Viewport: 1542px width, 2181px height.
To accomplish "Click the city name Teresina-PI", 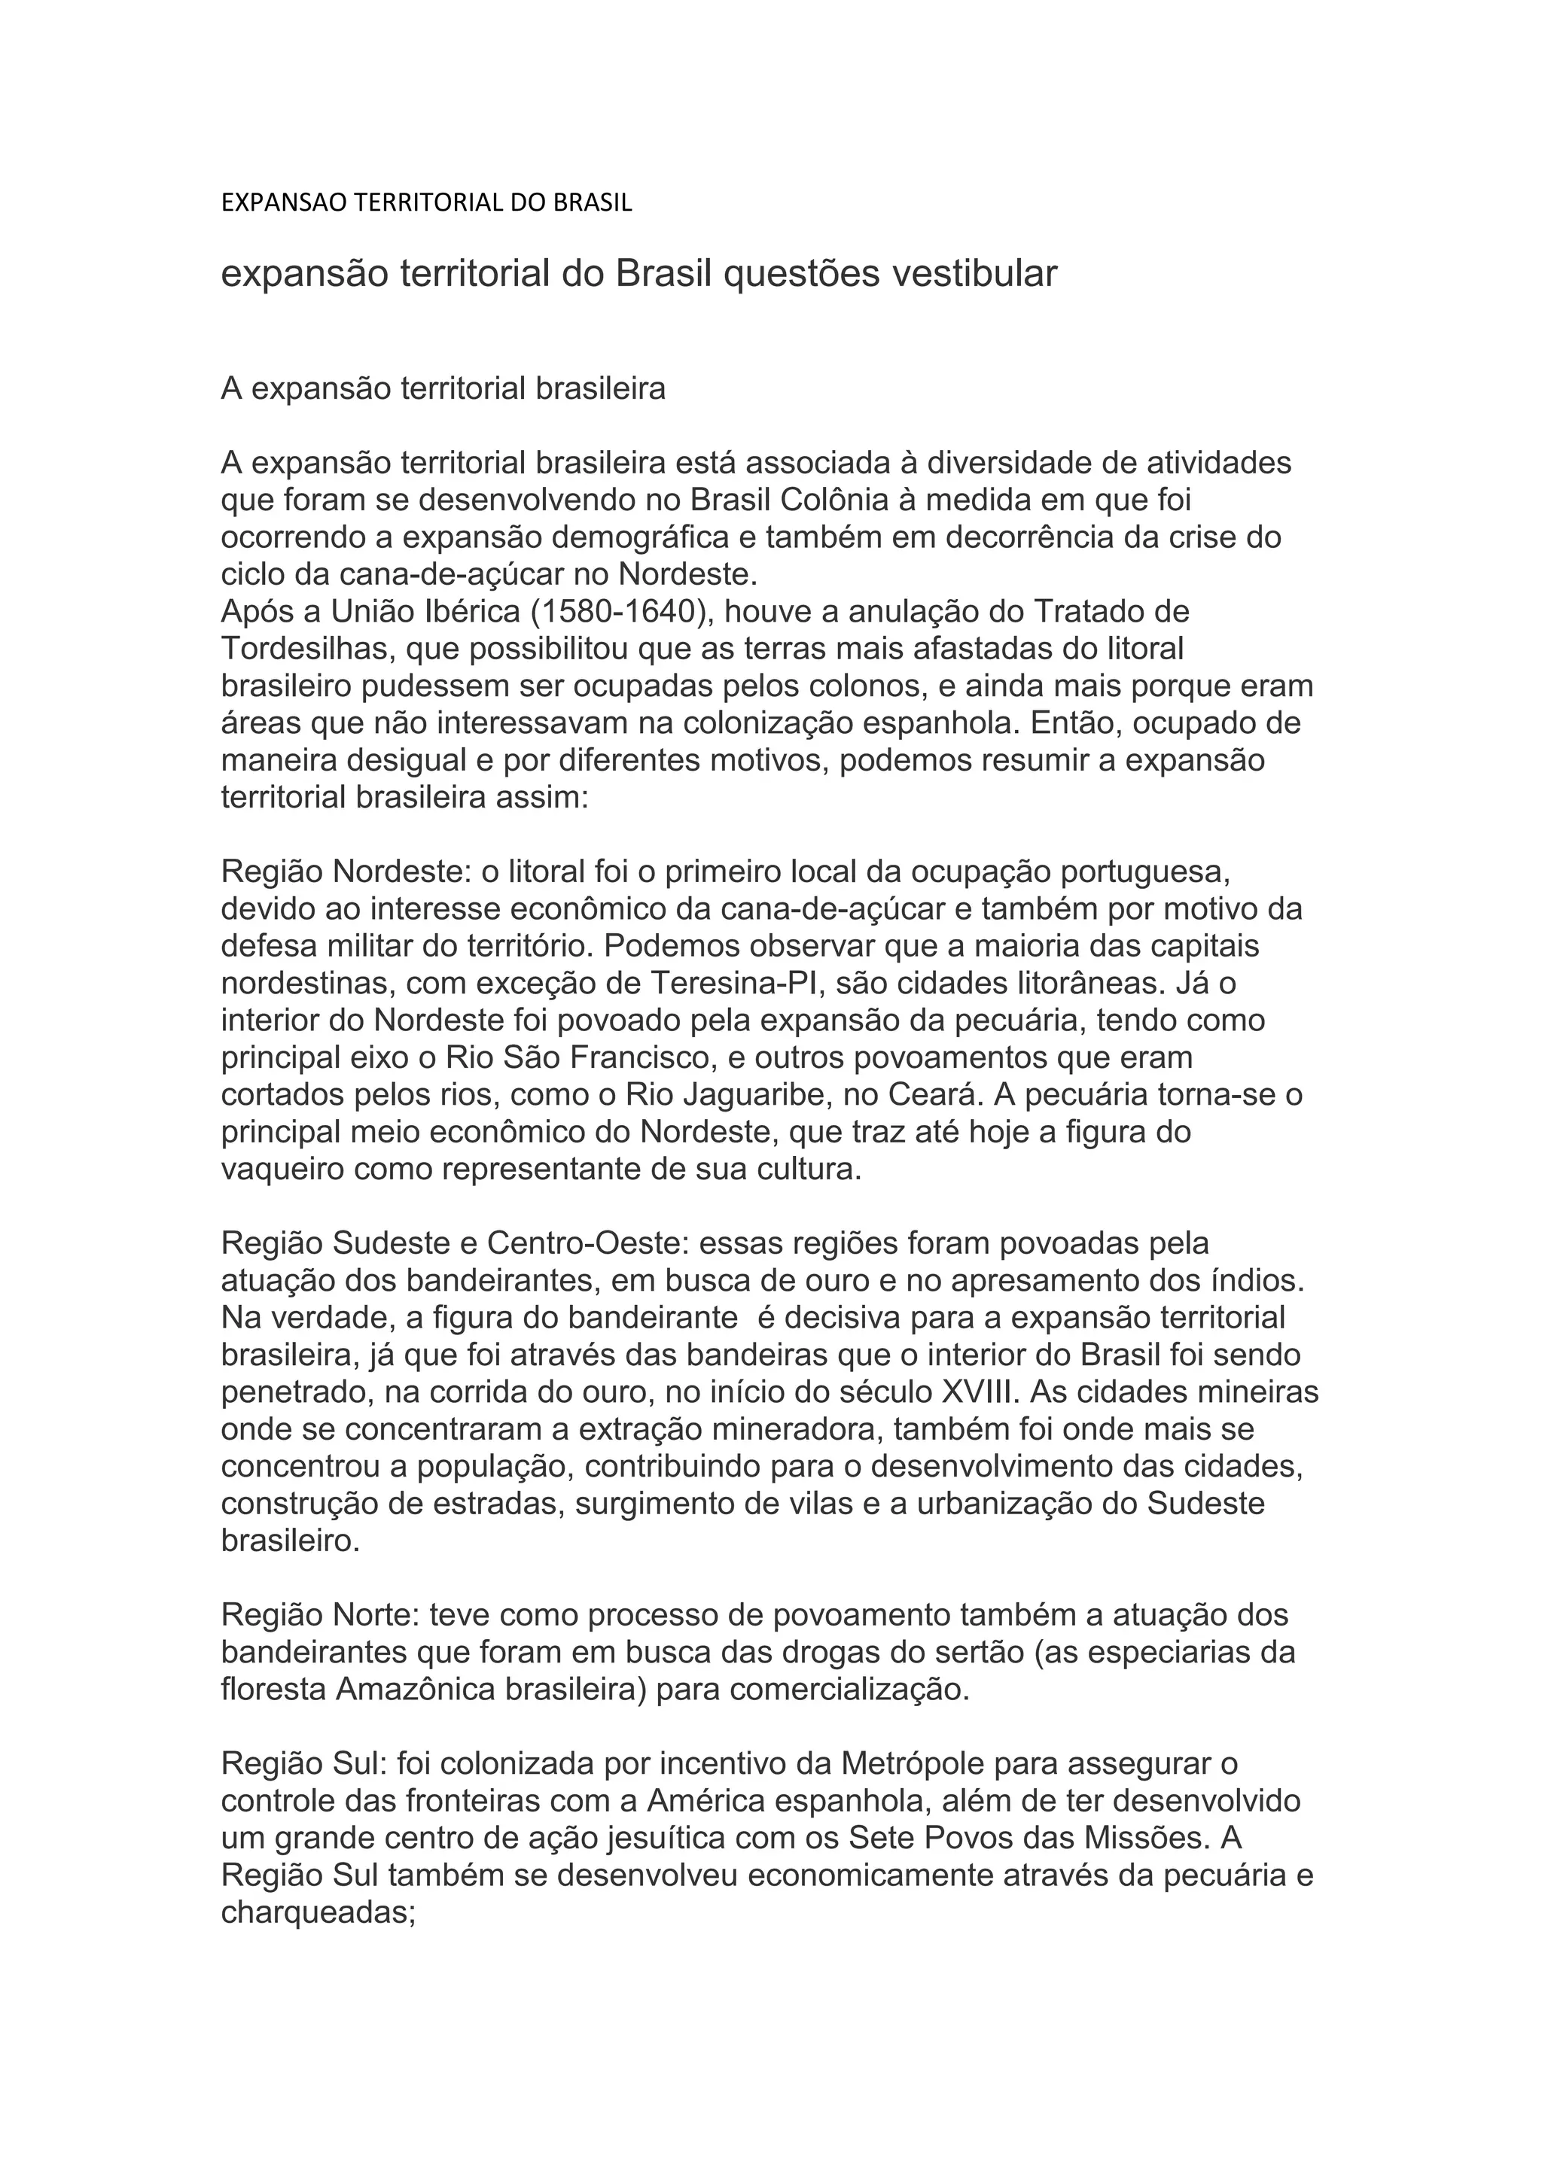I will [734, 983].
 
